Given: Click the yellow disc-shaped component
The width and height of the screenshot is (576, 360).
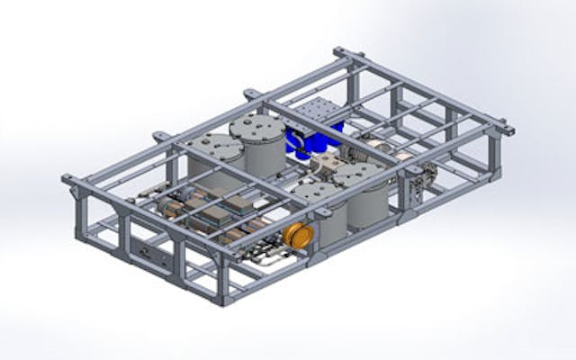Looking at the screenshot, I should [296, 237].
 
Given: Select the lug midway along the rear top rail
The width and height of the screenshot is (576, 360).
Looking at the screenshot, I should [249, 94].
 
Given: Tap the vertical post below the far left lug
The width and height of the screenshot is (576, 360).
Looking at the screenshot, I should [81, 216].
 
